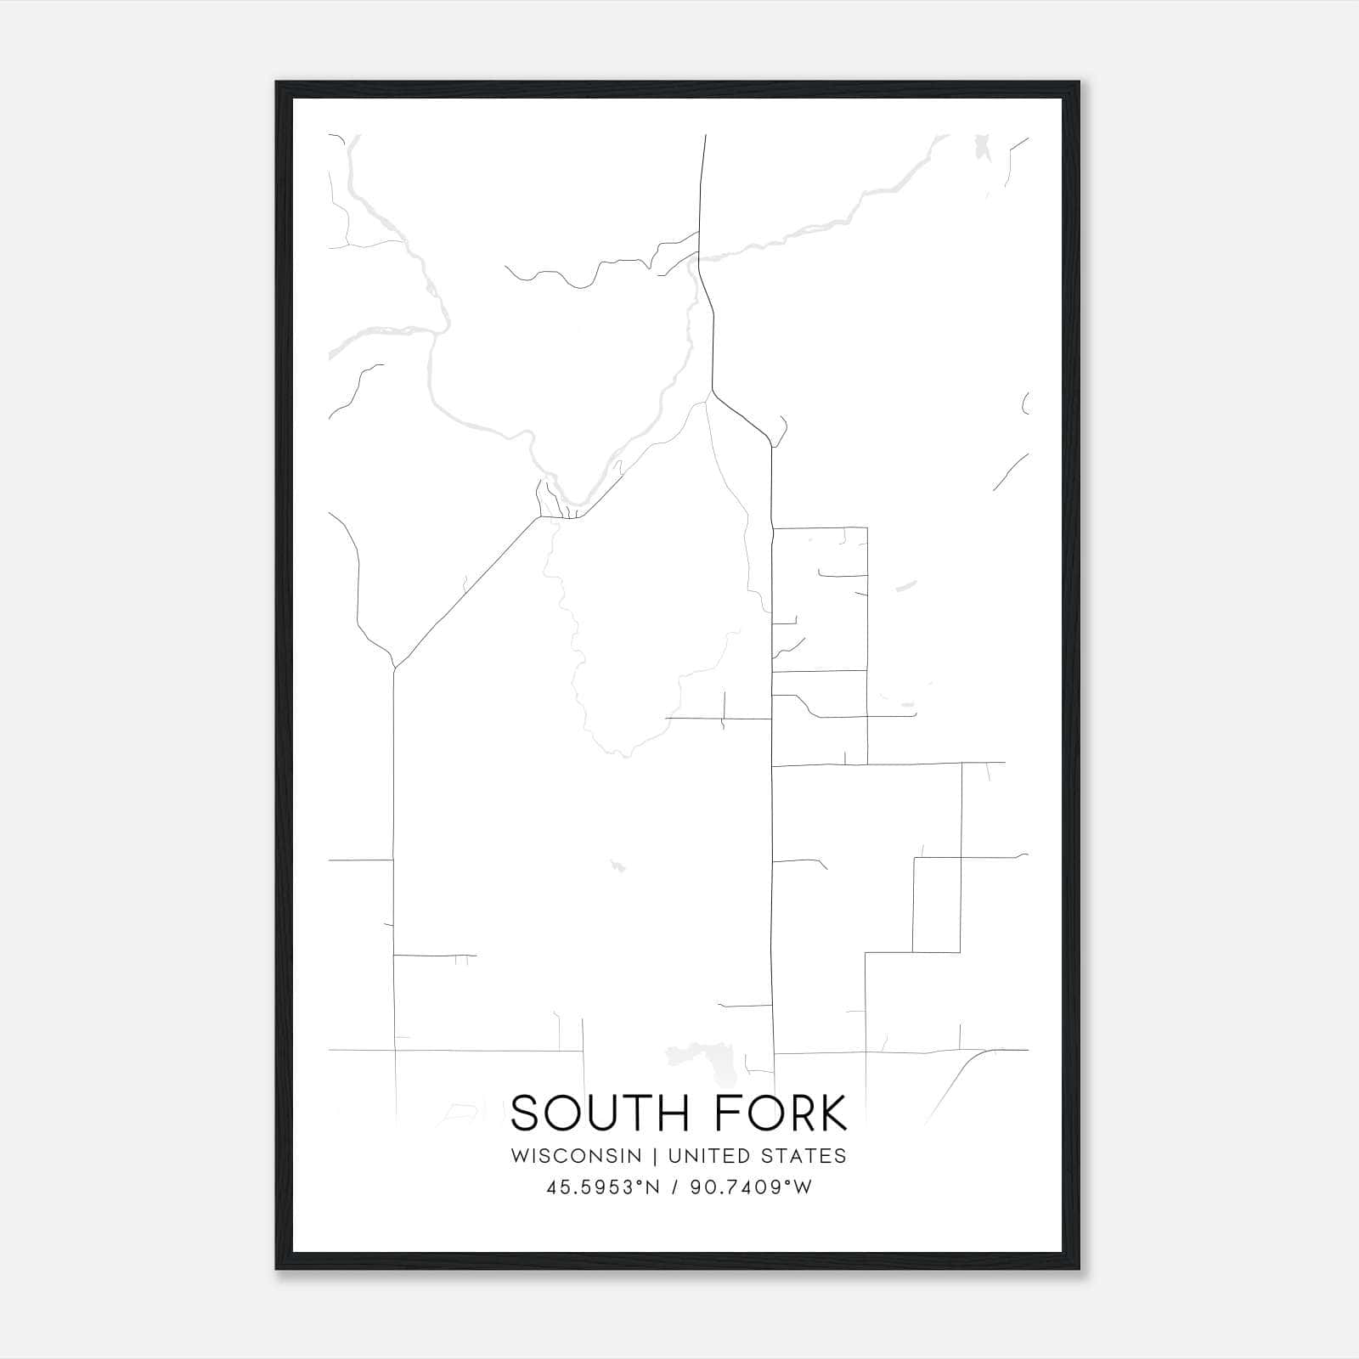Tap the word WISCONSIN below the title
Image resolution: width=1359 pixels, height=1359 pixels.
[x=576, y=1155]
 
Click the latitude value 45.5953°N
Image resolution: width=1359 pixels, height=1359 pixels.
[x=603, y=1187]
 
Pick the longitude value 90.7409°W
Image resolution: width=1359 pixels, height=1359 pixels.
[x=750, y=1187]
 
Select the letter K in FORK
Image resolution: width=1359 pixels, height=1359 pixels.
[x=832, y=1114]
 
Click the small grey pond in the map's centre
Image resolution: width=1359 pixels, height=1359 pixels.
[x=617, y=866]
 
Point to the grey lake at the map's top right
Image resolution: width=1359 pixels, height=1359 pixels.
[x=983, y=147]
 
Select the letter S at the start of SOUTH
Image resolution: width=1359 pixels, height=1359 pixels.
[x=527, y=1114]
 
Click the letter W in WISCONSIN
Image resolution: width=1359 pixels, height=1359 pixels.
[x=519, y=1155]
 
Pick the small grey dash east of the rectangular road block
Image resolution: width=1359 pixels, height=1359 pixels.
[x=906, y=584]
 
